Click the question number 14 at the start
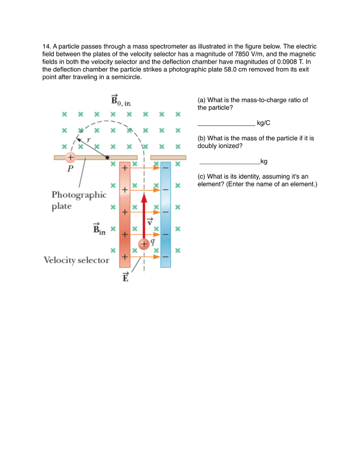[46, 46]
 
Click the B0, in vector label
[121, 100]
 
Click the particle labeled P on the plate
[70, 157]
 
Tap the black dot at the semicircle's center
[107, 157]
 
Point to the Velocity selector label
[76, 260]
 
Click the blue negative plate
[166, 214]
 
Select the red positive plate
[125, 214]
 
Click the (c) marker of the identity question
[202, 177]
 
